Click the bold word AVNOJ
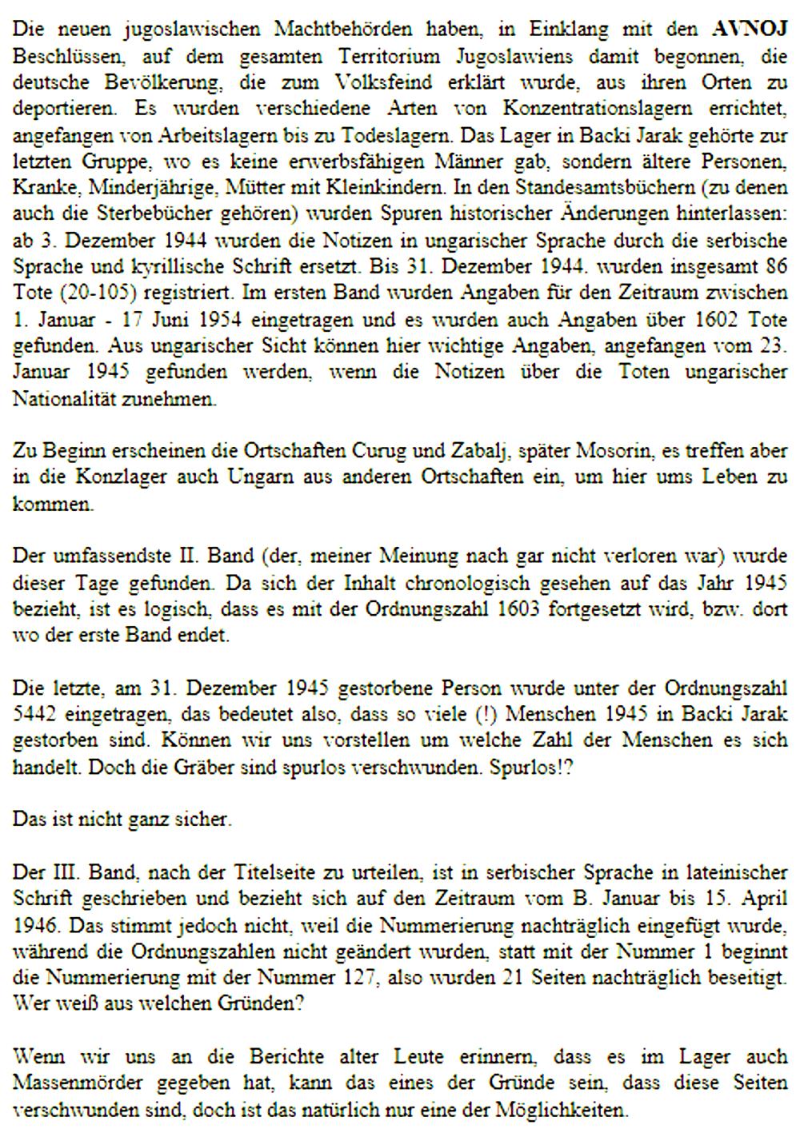point(750,30)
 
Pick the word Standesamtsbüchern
point(586,187)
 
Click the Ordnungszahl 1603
point(524,609)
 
